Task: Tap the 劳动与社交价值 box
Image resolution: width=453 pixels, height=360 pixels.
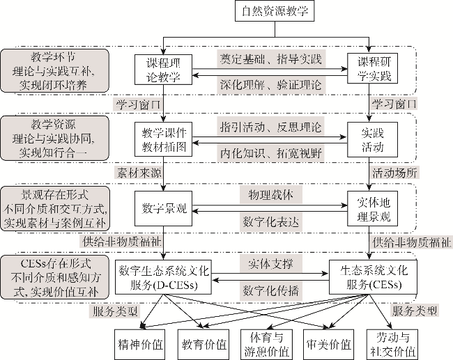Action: pos(392,343)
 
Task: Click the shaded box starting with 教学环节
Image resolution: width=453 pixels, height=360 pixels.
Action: pos(55,70)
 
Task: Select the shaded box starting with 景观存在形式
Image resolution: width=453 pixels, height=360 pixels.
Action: pos(55,207)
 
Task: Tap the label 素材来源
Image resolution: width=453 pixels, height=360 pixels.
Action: pos(137,171)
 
